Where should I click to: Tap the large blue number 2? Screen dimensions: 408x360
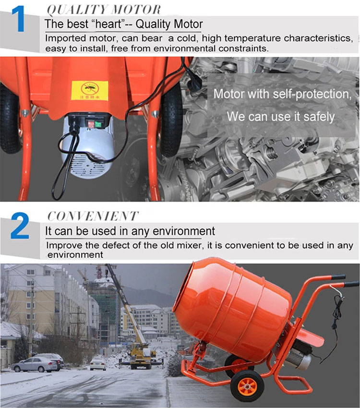20,227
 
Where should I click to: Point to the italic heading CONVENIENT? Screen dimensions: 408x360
93,216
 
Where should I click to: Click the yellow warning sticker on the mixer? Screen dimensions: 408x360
89,90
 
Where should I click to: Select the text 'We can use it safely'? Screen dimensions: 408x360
280,117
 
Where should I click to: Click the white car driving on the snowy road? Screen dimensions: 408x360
98,364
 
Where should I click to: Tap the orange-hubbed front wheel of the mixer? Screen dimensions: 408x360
248,385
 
